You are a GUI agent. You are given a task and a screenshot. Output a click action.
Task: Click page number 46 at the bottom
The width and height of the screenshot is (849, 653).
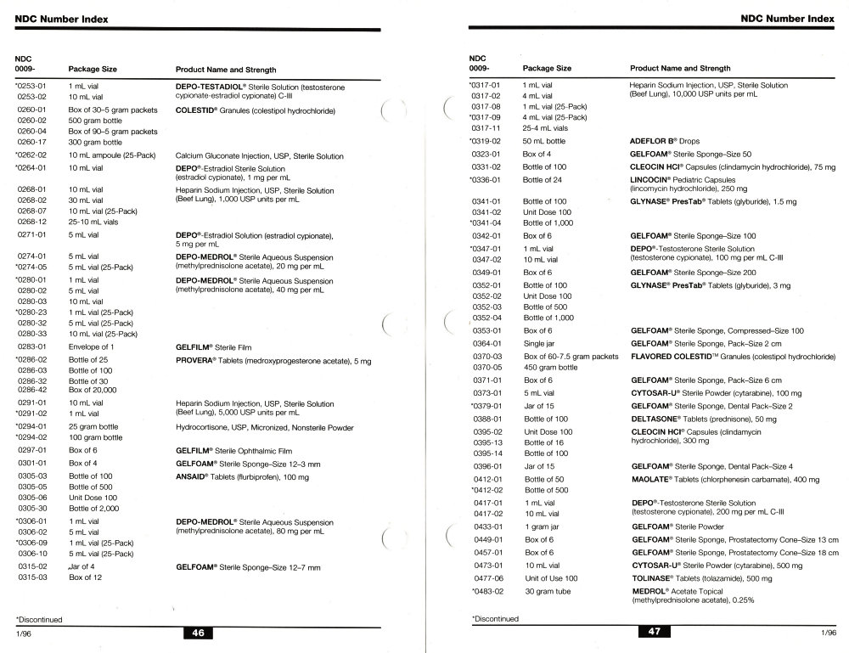pyautogui.click(x=198, y=633)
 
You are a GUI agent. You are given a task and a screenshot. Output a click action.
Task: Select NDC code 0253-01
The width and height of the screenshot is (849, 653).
pyautogui.click(x=31, y=87)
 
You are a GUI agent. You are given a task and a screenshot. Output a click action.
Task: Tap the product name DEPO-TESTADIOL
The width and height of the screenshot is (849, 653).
pyautogui.click(x=209, y=87)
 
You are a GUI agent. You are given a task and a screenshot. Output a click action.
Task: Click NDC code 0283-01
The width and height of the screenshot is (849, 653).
pyautogui.click(x=32, y=347)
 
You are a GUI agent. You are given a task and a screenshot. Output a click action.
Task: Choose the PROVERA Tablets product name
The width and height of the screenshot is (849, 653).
pyautogui.click(x=195, y=362)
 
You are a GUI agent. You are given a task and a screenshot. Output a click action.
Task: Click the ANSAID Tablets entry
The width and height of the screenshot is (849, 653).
pyautogui.click(x=196, y=476)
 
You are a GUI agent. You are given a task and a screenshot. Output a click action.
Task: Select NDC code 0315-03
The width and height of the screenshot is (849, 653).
pyautogui.click(x=32, y=577)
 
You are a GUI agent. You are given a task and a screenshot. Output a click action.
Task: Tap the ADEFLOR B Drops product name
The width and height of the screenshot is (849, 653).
pyautogui.click(x=655, y=141)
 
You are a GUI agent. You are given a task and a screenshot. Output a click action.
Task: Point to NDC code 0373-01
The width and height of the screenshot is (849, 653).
pyautogui.click(x=487, y=393)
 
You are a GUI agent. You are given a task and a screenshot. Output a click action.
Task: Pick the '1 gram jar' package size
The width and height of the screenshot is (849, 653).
pyautogui.click(x=543, y=526)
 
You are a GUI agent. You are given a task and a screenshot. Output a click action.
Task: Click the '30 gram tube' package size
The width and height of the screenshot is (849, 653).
pyautogui.click(x=548, y=591)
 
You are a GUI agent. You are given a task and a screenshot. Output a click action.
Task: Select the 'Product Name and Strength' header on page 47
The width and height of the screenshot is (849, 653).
pyautogui.click(x=680, y=68)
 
